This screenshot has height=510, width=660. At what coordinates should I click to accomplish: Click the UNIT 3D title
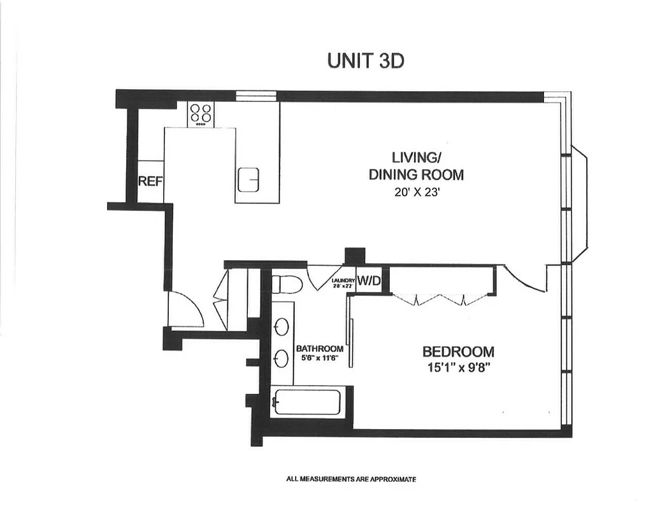tap(366, 61)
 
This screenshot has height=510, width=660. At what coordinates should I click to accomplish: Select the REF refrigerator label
tap(151, 181)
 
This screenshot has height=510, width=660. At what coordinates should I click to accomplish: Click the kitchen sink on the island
tap(248, 180)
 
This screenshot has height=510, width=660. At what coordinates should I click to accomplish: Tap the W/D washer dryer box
tap(368, 280)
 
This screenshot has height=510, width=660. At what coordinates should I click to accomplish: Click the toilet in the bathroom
tap(285, 283)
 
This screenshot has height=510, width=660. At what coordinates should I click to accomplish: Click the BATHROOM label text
tap(319, 349)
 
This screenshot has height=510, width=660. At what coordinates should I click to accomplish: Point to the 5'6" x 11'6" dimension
tap(319, 358)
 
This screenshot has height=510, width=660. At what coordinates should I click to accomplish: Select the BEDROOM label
tap(458, 351)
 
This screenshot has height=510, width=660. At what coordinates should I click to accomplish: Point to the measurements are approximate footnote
tap(351, 479)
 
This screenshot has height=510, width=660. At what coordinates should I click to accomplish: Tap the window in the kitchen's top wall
tap(256, 96)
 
